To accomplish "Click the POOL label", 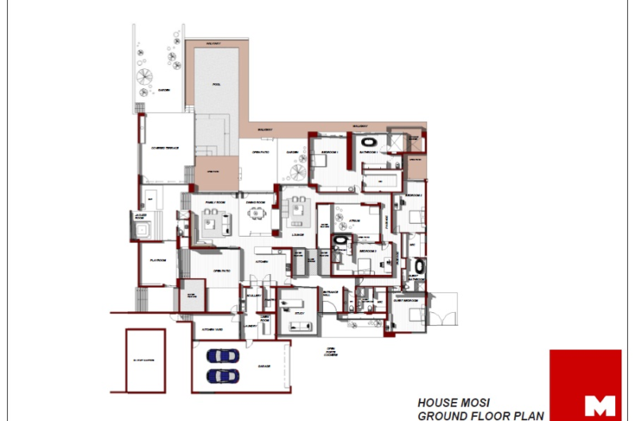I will (x=216, y=84).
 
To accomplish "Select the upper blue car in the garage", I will (x=221, y=356).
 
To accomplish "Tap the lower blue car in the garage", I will (x=221, y=374).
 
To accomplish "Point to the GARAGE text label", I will (x=263, y=366).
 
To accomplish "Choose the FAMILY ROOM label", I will (x=216, y=203).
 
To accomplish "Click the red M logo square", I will (x=586, y=383).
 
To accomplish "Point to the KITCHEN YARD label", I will (x=211, y=328).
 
